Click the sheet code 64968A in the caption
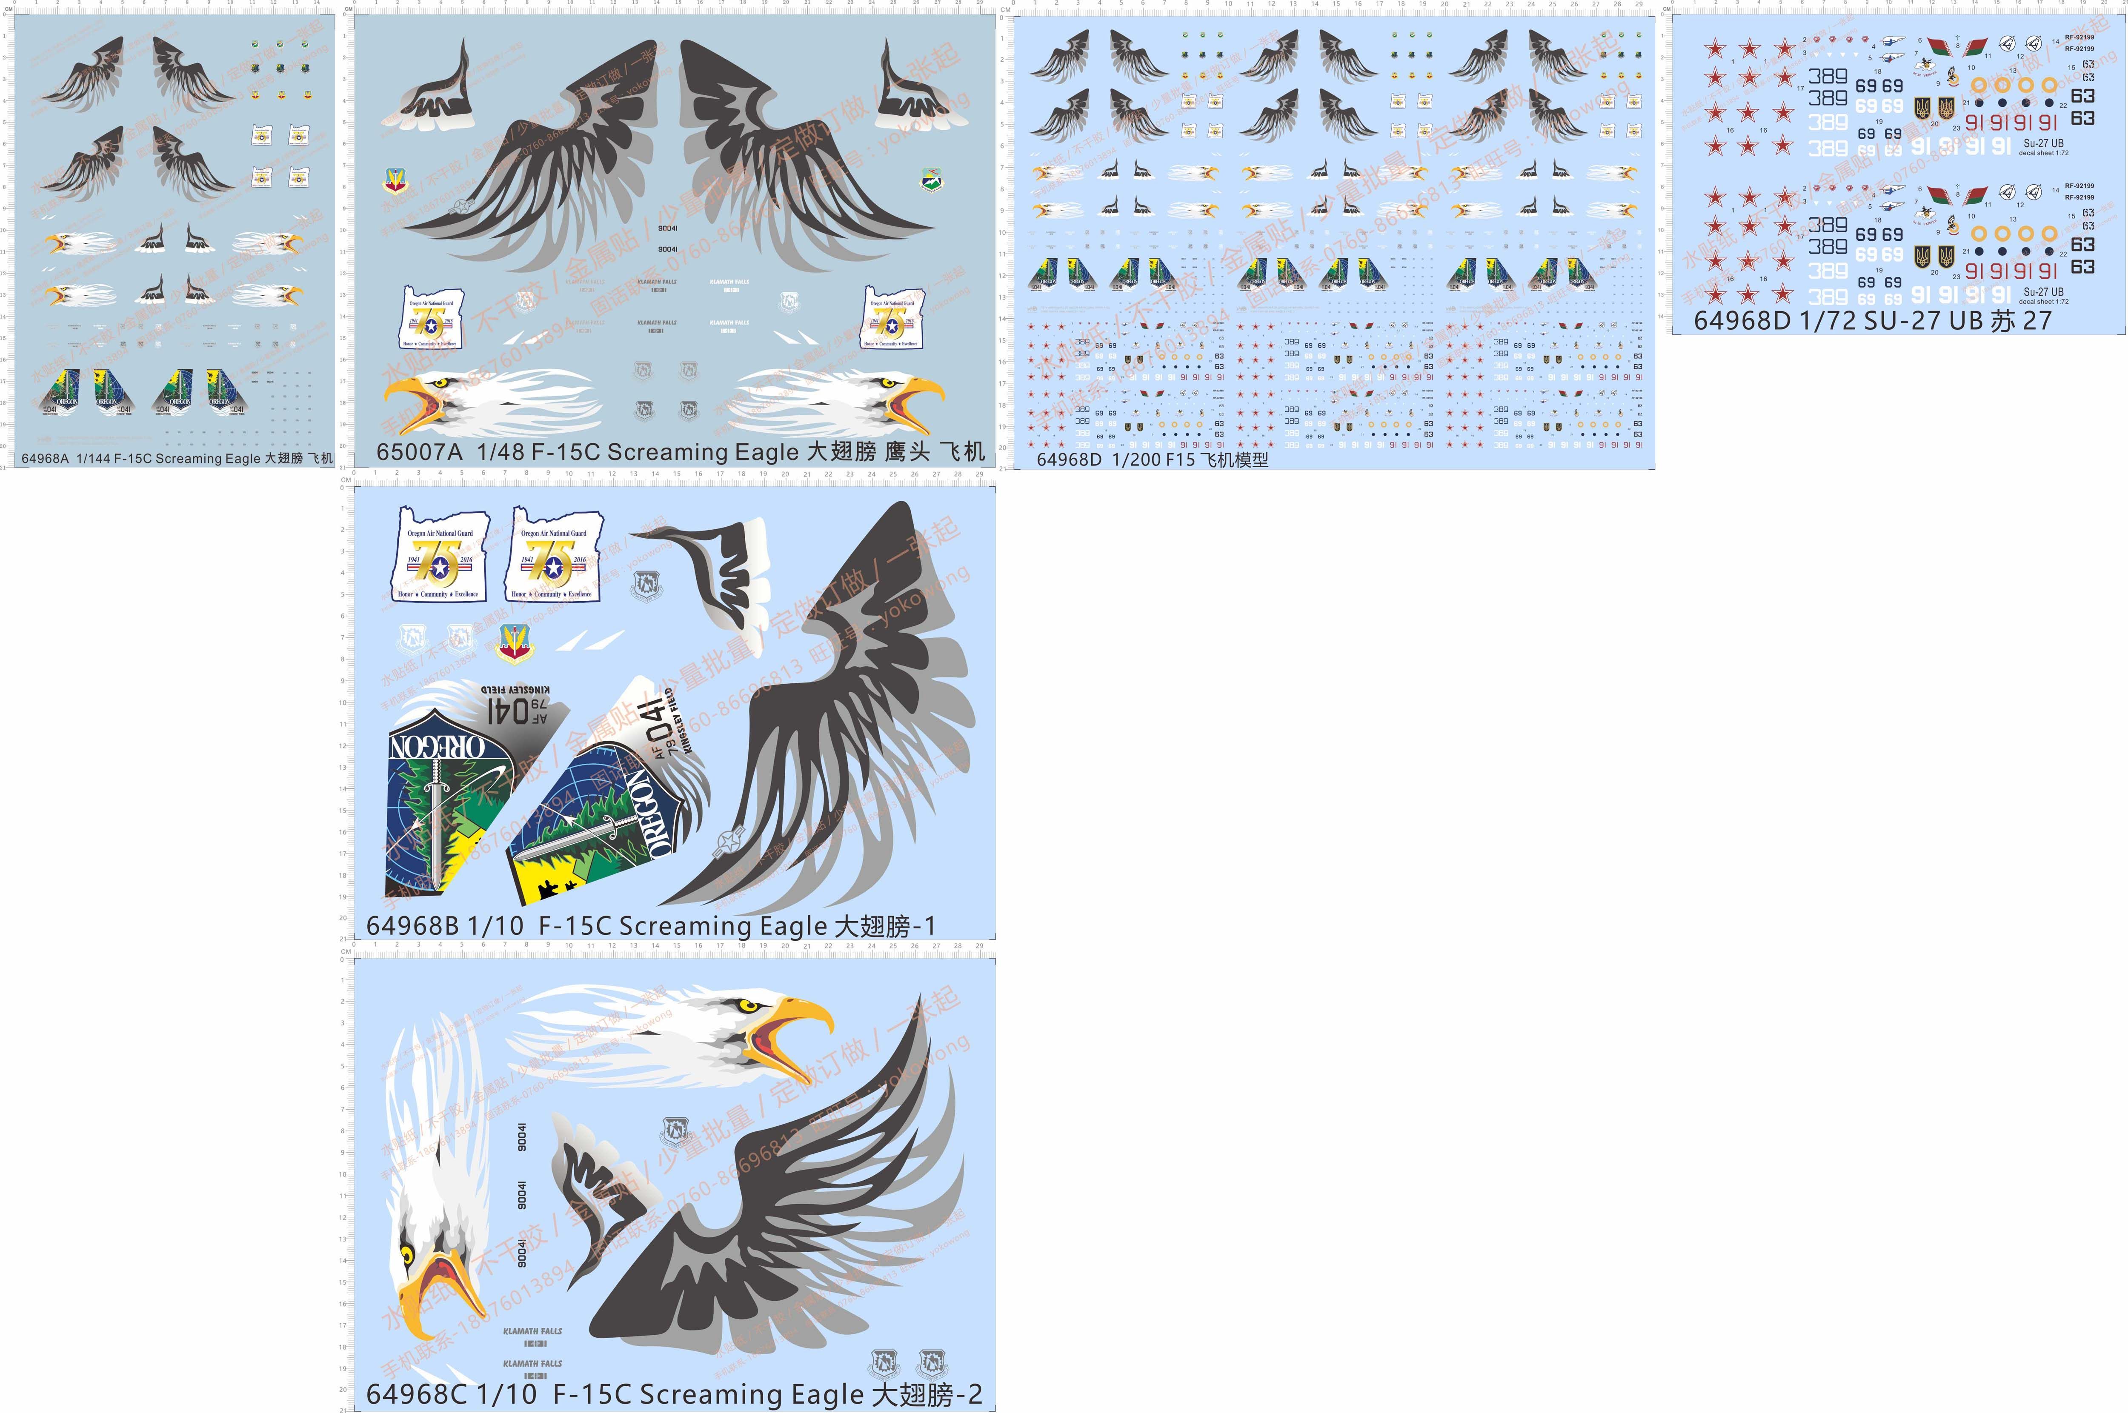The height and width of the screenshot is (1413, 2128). (x=45, y=459)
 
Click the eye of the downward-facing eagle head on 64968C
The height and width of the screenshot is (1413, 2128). (x=406, y=1254)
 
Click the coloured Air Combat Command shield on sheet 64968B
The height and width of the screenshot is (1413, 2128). (x=514, y=642)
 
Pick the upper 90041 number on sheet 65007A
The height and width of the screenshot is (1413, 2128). (x=668, y=228)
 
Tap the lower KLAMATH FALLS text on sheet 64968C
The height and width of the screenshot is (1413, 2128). (x=533, y=1364)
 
